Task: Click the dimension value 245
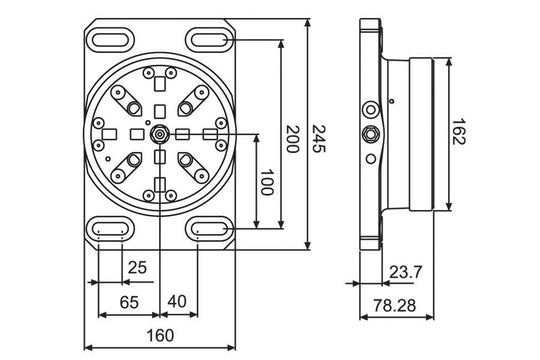[x=319, y=132]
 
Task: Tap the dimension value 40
[x=176, y=300]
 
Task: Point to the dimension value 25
[x=137, y=267]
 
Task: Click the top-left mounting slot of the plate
[x=110, y=39]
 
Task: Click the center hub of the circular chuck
[x=160, y=134]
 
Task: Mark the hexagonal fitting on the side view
[x=370, y=133]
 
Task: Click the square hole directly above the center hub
[x=160, y=110]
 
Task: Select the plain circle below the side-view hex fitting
[x=370, y=157]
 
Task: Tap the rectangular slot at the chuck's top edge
[x=160, y=73]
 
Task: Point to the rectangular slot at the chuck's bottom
[x=160, y=186]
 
